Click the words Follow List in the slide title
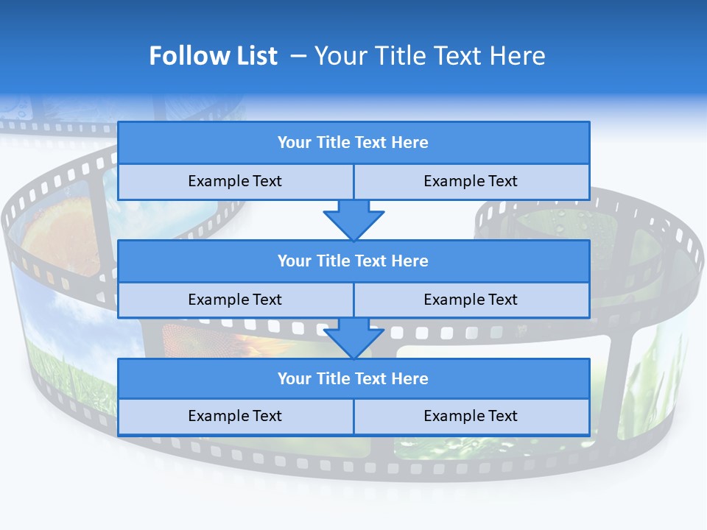point(213,56)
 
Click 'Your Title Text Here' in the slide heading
point(429,56)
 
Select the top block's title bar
point(353,143)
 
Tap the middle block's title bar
point(353,261)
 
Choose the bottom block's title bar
point(353,378)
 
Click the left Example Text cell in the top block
point(235,181)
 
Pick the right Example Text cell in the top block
point(471,181)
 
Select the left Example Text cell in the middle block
point(235,300)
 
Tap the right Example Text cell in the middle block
point(471,300)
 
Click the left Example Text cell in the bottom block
point(235,416)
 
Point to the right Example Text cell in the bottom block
point(471,416)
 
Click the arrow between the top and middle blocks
point(353,220)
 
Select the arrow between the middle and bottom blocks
point(353,338)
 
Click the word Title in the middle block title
point(332,261)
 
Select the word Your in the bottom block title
point(295,378)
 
